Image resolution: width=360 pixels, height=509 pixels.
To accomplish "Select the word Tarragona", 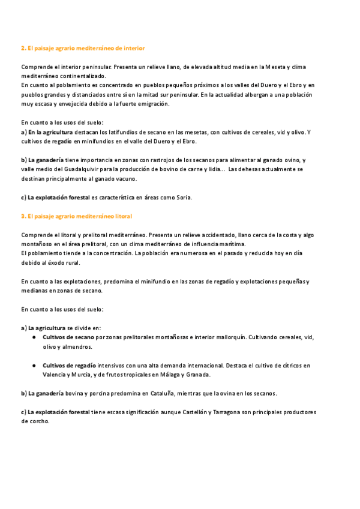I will [x=245, y=412].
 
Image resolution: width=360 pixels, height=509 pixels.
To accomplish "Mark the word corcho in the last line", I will [x=35, y=421].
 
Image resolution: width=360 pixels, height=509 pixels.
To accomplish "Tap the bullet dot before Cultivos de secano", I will [x=34, y=337].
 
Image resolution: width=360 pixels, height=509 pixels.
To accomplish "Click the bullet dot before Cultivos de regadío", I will [x=34, y=366].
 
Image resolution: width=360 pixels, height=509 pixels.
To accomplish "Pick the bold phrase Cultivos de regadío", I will [x=68, y=365].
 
